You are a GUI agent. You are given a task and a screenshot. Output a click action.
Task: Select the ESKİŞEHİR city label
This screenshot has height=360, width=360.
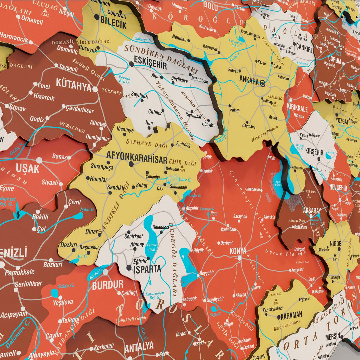tap(150, 62)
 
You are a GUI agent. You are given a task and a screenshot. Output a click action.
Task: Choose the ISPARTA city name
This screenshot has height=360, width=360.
tap(147, 269)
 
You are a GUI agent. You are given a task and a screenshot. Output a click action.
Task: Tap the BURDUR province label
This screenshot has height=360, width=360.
tap(107, 285)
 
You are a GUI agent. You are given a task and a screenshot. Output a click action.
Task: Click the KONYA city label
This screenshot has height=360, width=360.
tap(238, 251)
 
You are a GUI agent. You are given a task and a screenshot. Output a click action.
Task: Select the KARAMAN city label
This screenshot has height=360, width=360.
tap(291, 314)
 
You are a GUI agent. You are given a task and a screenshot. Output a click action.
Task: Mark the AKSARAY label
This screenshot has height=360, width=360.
tap(312, 210)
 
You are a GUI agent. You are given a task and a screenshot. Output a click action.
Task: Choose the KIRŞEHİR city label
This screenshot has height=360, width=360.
tap(314, 152)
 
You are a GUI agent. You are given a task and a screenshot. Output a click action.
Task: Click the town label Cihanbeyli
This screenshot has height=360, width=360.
tap(252, 189)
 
